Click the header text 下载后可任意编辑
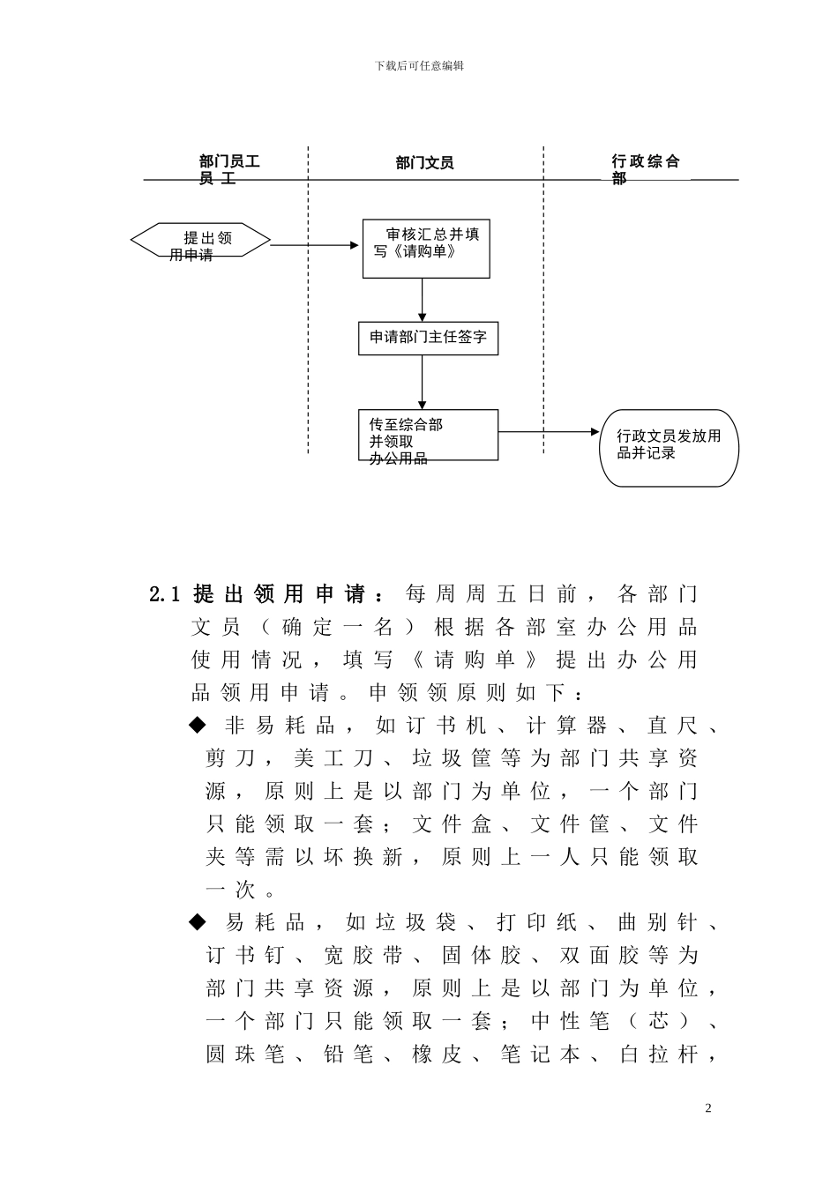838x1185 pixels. pos(419,65)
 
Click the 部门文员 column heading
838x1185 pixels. pos(424,163)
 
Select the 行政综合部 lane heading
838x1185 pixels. pos(646,168)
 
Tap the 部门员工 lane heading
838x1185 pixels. pos(229,168)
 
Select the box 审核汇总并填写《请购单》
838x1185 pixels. pos(426,248)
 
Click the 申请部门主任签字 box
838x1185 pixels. pos(428,338)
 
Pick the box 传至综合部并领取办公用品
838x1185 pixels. pos(428,435)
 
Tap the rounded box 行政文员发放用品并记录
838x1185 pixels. pos(669,447)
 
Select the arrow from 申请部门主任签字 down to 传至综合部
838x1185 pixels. pos(423,383)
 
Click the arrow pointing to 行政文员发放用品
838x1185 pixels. pos(549,432)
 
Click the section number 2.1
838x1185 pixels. pos(165,594)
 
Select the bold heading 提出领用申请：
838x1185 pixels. pos(290,594)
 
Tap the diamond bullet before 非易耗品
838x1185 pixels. pos(197,726)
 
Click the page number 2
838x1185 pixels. pos(707,1108)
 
